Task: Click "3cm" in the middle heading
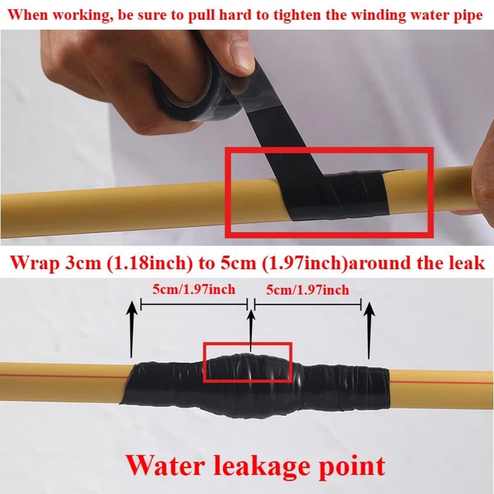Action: (87, 262)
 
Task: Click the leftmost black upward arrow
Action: (131, 329)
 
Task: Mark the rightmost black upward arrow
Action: (369, 329)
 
